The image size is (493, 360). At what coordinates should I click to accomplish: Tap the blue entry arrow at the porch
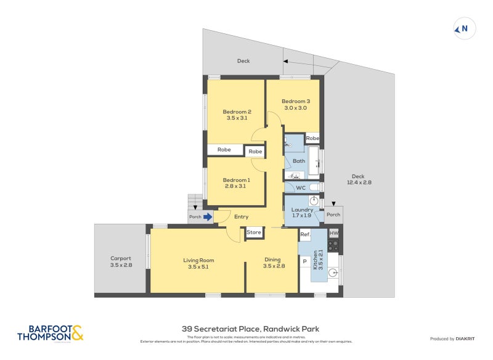tap(208, 216)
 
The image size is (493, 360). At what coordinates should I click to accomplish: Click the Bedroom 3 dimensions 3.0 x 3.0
tap(295, 108)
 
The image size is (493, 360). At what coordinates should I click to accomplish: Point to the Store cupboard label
tap(253, 232)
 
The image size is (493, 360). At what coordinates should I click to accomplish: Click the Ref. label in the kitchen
tap(304, 234)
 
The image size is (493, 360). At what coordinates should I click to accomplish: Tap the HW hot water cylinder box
tap(334, 234)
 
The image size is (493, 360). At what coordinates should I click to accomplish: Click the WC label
tap(301, 187)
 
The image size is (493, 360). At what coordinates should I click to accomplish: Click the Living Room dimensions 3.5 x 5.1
tap(198, 267)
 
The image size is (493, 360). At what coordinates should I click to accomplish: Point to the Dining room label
tap(273, 260)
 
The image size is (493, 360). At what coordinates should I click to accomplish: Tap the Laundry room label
tap(302, 210)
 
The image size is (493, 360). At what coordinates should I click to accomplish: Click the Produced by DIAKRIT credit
tap(454, 339)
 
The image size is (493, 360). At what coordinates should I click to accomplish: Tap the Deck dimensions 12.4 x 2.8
tap(358, 182)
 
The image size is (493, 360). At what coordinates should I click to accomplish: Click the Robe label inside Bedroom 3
tap(312, 138)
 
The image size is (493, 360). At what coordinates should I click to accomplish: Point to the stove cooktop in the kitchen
tap(333, 245)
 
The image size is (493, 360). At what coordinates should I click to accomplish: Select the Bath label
tap(299, 161)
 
